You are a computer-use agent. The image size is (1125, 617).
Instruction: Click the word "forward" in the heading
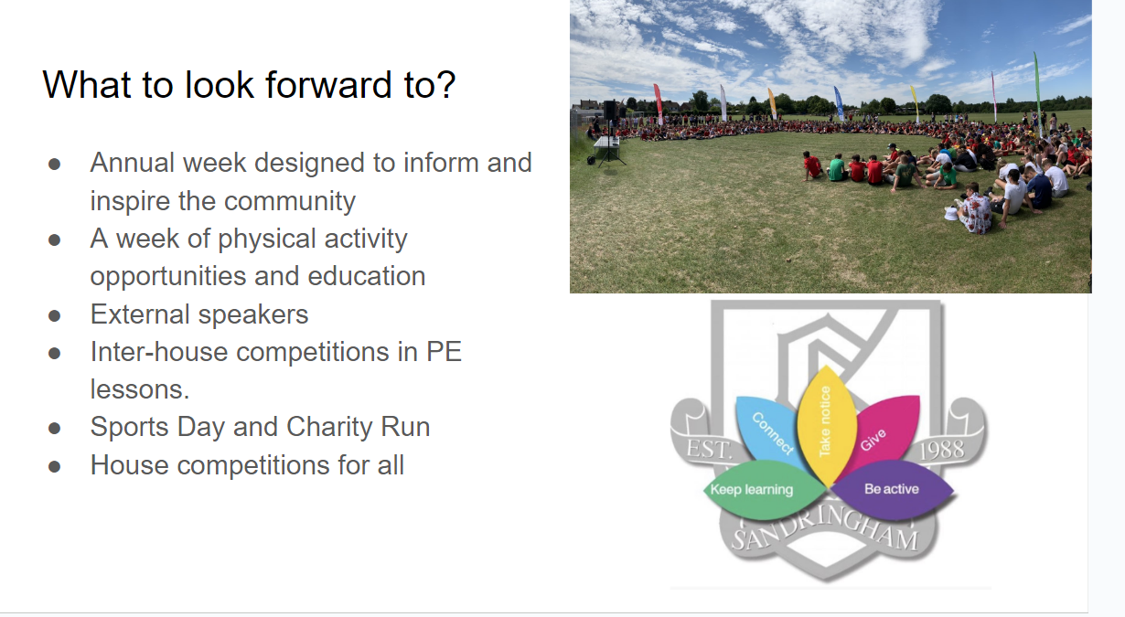(x=328, y=84)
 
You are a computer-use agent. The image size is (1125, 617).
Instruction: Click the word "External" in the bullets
(x=140, y=314)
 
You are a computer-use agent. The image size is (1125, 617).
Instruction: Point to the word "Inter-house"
(x=159, y=351)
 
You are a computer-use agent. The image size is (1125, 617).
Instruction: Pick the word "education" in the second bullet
(x=367, y=276)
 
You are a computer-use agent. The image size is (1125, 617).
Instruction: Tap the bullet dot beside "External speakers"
(x=54, y=315)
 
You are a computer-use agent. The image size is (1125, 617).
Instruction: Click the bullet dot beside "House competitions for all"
(x=54, y=466)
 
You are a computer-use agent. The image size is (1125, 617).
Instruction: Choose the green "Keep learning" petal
(x=764, y=490)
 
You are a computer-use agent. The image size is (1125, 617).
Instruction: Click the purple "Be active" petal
(x=892, y=489)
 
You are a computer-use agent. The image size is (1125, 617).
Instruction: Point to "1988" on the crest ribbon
(x=942, y=450)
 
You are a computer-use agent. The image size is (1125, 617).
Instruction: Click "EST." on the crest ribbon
(x=709, y=449)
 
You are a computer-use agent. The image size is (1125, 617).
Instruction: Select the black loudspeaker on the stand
(x=610, y=110)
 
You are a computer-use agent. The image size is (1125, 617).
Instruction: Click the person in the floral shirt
(x=975, y=212)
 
